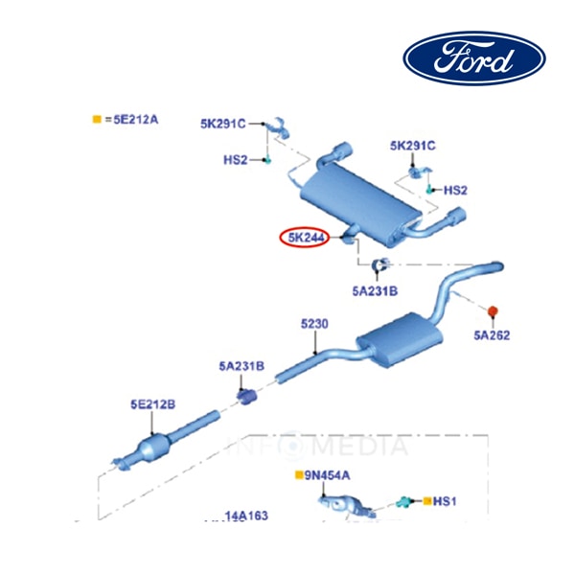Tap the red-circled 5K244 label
pyautogui.click(x=304, y=238)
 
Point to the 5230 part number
pyautogui.click(x=314, y=325)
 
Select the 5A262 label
pyautogui.click(x=492, y=335)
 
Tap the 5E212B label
pyautogui.click(x=153, y=404)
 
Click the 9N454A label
pyautogui.click(x=328, y=474)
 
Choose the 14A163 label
pyautogui.click(x=245, y=516)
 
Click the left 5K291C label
pyautogui.click(x=223, y=124)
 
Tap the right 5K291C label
pyautogui.click(x=413, y=145)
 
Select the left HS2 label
pyautogui.click(x=236, y=159)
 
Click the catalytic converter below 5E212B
pyautogui.click(x=157, y=449)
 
